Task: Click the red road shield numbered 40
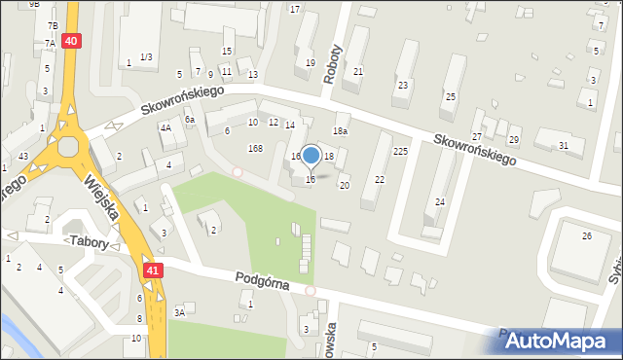[71, 40]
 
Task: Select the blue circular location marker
[311, 156]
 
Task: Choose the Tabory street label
[90, 239]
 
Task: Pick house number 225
[400, 152]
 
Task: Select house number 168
[255, 148]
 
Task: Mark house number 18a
[340, 130]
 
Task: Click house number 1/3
[146, 57]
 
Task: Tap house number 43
[21, 157]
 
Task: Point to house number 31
[563, 146]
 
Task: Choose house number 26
[586, 236]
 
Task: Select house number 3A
[179, 312]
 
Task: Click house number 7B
[53, 24]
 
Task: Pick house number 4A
[165, 127]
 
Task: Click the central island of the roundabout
[68, 147]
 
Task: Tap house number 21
[358, 71]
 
